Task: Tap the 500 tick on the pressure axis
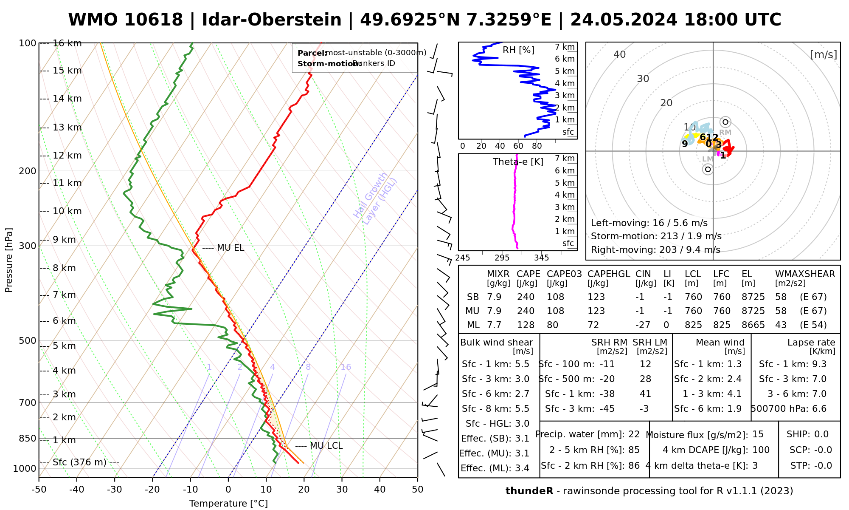(x=28, y=340)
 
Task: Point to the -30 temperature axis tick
(x=115, y=490)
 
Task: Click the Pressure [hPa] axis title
(x=9, y=260)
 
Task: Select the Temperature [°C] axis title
(x=228, y=504)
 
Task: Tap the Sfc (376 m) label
(x=79, y=462)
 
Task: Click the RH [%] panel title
(x=518, y=50)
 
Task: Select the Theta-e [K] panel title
(x=518, y=162)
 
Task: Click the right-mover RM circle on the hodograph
(x=725, y=122)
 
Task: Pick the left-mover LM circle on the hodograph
(x=708, y=170)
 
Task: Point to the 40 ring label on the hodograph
(x=620, y=54)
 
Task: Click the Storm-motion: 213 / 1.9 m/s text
(x=656, y=236)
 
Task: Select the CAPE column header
(x=528, y=274)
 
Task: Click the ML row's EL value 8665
(x=753, y=325)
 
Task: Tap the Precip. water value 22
(x=634, y=434)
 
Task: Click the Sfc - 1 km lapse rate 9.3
(x=818, y=364)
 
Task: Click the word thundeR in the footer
(x=529, y=491)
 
